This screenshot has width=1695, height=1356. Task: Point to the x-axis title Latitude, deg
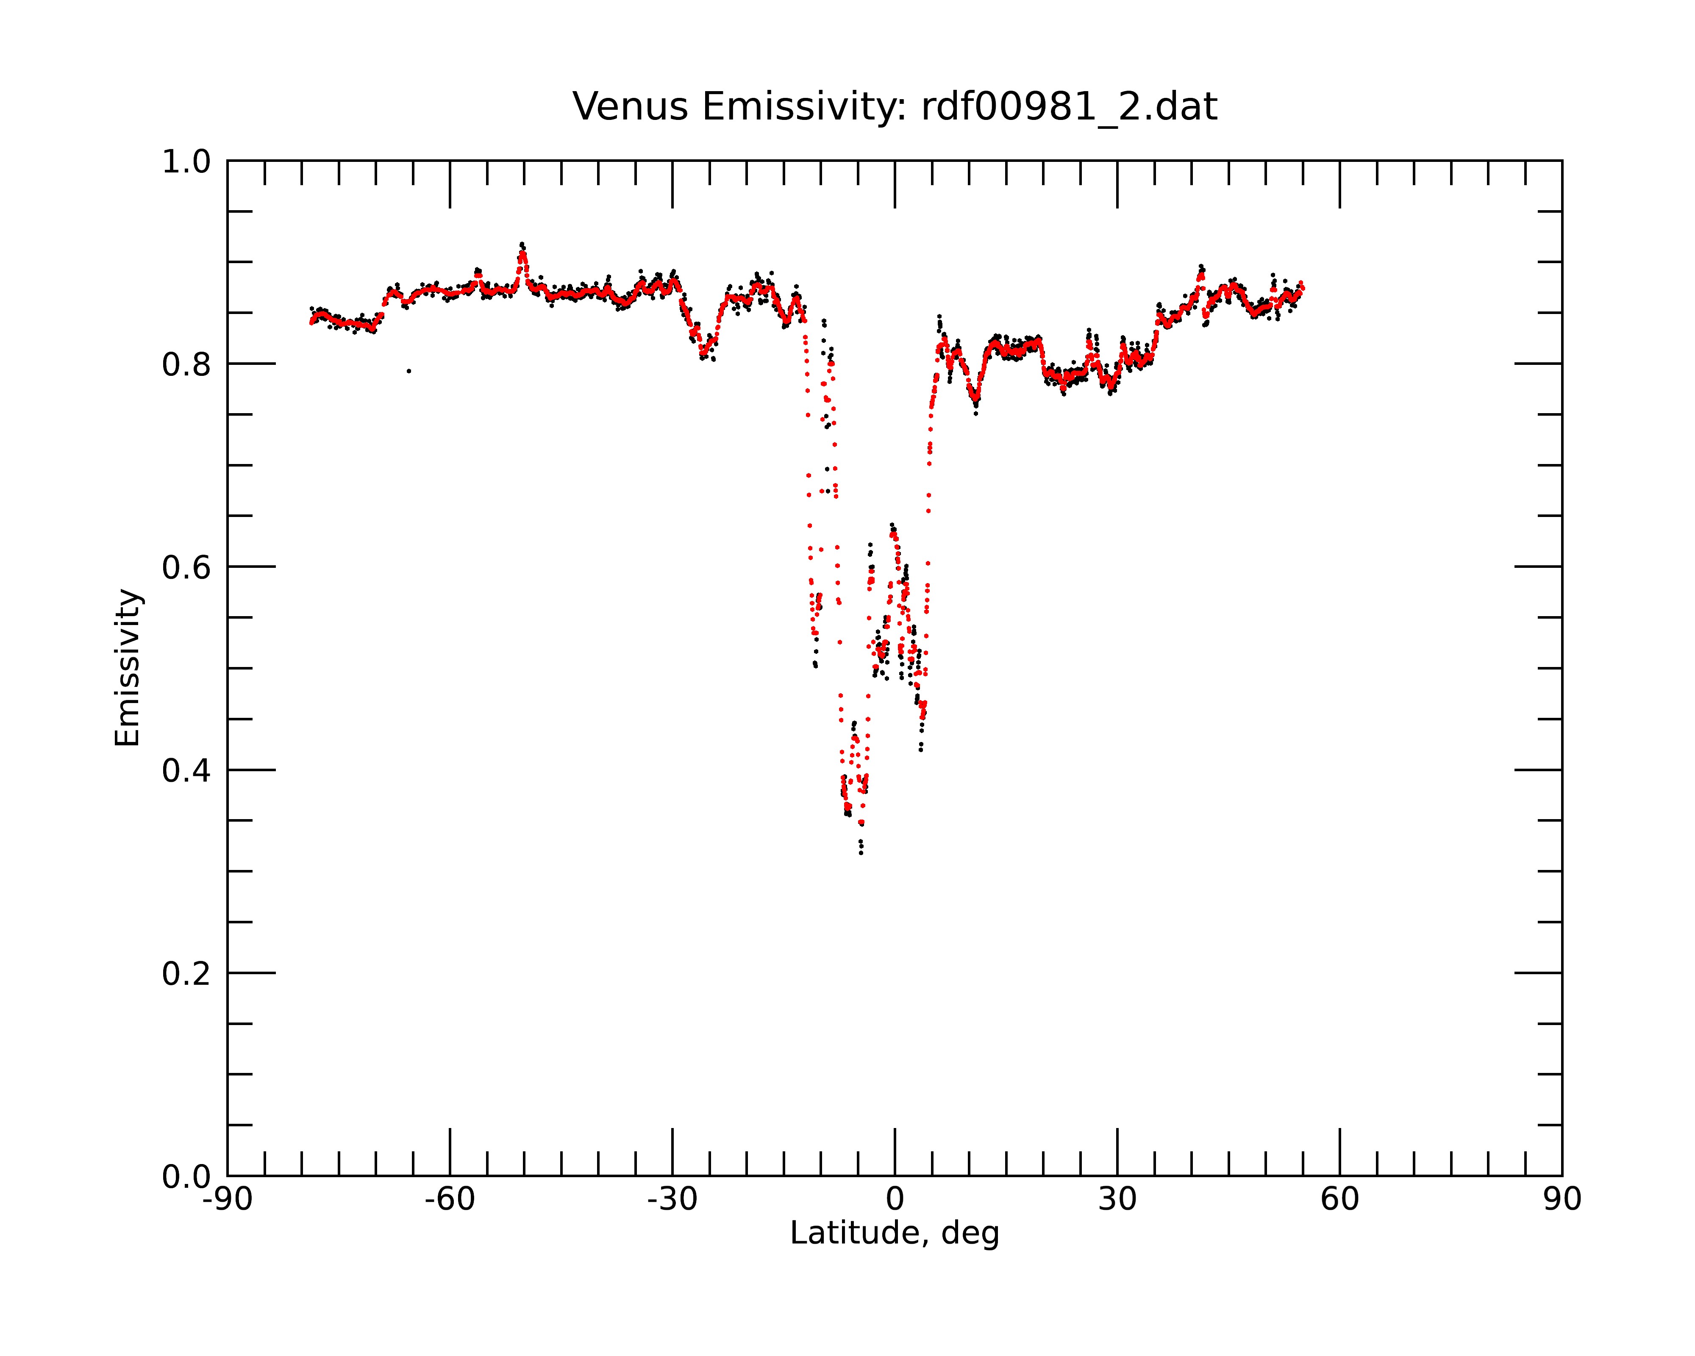coord(895,1233)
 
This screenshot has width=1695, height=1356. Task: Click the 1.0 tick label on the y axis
coord(186,162)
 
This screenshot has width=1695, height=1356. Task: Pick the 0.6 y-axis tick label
coord(186,567)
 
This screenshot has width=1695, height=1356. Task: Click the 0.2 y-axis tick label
coord(186,974)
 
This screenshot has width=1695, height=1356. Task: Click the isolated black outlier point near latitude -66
coord(409,371)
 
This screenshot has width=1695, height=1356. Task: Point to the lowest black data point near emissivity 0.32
coord(861,853)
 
